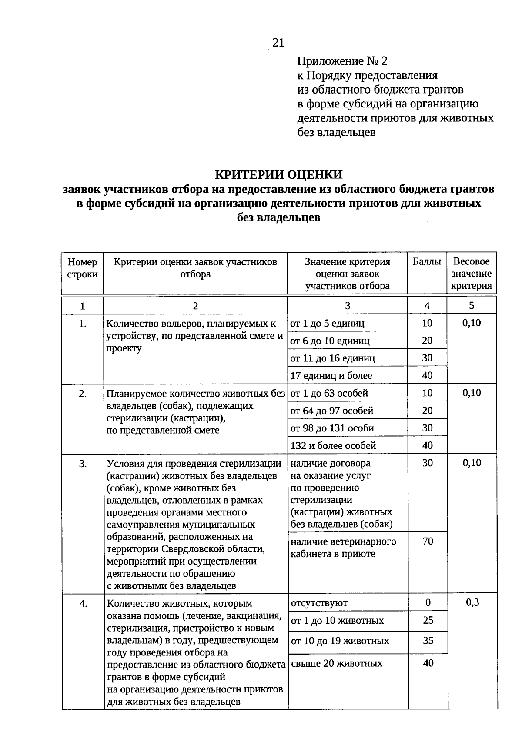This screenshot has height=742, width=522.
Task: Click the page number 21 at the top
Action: [x=278, y=43]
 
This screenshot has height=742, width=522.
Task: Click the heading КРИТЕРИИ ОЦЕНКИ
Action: [x=279, y=174]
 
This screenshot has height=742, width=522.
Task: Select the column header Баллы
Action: [x=427, y=262]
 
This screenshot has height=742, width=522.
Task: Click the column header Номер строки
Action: [x=82, y=268]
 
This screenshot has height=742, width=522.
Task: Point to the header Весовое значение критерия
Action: [x=472, y=274]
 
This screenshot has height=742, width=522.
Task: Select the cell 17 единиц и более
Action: [x=331, y=375]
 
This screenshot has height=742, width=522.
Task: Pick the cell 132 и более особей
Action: [x=333, y=445]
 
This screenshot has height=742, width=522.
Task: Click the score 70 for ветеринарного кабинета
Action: [x=428, y=541]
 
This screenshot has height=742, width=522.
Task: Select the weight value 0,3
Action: [x=472, y=602]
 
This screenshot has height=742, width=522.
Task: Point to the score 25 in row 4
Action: [x=428, y=620]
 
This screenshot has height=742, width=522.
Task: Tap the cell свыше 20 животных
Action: [x=337, y=663]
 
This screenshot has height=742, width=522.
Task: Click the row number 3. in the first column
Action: [x=83, y=464]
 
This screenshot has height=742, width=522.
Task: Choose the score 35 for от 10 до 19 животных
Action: [x=428, y=641]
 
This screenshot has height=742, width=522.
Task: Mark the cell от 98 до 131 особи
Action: [x=332, y=428]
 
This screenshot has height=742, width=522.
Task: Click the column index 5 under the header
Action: [x=472, y=306]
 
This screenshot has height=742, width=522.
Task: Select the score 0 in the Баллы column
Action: [x=428, y=602]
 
